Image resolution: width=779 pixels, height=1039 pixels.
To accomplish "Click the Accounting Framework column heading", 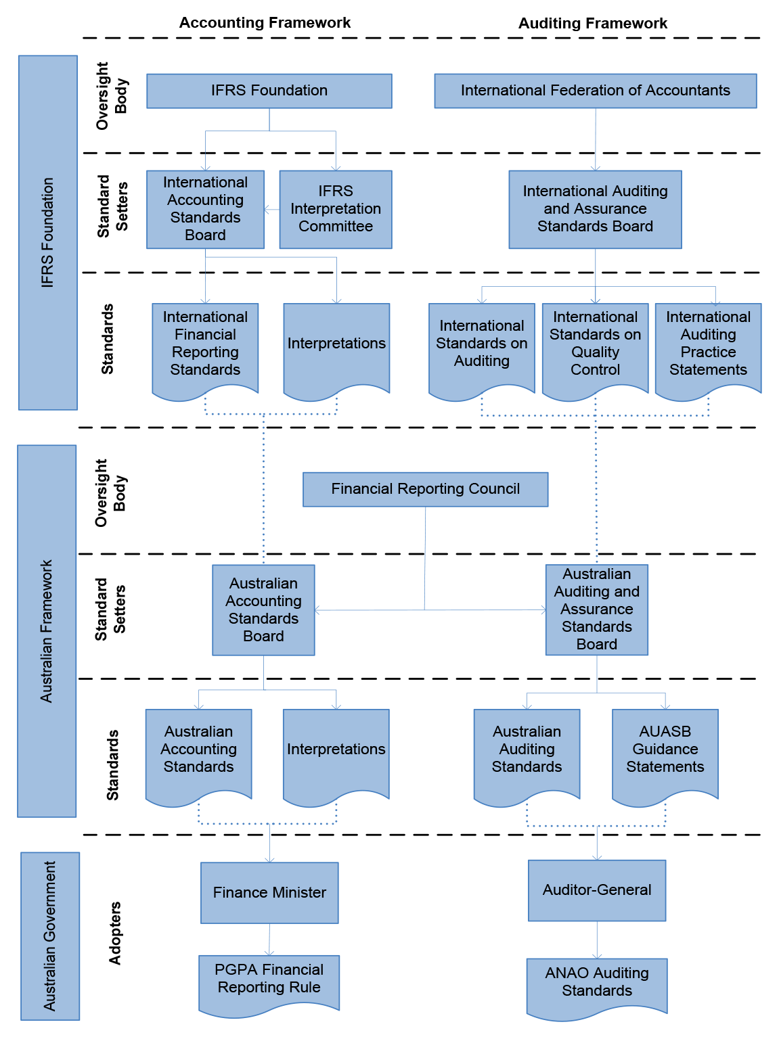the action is pos(265,23).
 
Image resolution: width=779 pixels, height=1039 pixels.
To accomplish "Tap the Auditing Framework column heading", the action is pos(592,23).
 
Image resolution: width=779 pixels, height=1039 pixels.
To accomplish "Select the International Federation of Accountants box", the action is pos(596,91).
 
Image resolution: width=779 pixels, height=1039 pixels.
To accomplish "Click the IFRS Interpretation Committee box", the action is pos(335,209).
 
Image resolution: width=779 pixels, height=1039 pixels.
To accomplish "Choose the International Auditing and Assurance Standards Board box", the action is pos(595,209).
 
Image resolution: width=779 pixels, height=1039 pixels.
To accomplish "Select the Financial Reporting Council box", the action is pos(425,489).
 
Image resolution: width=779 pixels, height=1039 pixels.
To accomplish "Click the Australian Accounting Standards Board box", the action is pos(263,609).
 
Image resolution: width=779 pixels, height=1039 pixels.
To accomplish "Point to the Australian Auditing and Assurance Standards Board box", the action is pos(597,609).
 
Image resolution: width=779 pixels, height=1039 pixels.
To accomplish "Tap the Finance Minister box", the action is pos(269,893).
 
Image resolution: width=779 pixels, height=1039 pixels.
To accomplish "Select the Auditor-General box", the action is pos(597,890).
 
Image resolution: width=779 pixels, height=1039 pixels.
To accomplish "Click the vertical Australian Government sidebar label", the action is pos(49,936).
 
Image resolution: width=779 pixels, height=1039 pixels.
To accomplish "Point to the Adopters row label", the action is pos(114,933).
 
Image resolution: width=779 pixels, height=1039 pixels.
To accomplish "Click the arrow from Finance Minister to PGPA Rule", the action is pos(269,940).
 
